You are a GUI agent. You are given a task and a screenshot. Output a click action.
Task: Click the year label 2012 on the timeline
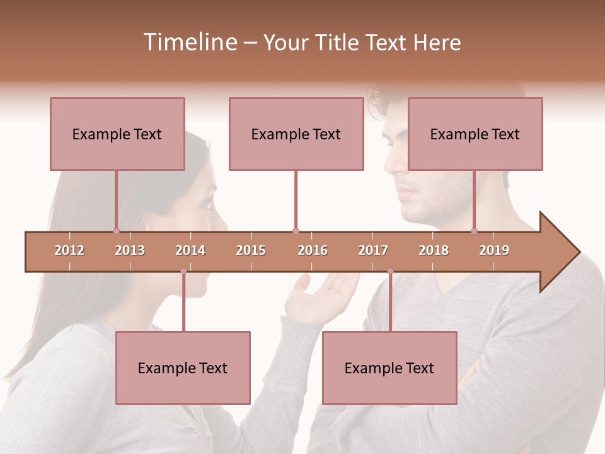pyautogui.click(x=69, y=250)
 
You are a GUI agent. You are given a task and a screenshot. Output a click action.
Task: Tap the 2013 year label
pyautogui.click(x=130, y=250)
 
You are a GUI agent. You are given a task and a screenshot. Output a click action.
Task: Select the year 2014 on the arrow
pyautogui.click(x=190, y=250)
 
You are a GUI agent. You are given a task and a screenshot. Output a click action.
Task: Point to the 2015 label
pyautogui.click(x=251, y=250)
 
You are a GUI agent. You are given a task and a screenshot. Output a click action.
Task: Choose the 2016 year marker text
pyautogui.click(x=313, y=250)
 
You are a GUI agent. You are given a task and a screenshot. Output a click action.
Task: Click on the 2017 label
pyautogui.click(x=373, y=250)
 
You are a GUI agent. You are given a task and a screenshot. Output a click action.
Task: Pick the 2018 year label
pyautogui.click(x=434, y=250)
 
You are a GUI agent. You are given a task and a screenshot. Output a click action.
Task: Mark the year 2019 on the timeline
pyautogui.click(x=494, y=250)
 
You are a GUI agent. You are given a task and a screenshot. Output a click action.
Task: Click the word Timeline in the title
pyautogui.click(x=189, y=42)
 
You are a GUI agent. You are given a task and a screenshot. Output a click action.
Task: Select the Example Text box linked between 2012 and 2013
pyautogui.click(x=117, y=134)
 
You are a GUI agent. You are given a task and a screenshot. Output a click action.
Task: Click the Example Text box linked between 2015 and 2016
pyautogui.click(x=296, y=134)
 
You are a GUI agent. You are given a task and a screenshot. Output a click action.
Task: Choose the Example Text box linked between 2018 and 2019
pyautogui.click(x=475, y=134)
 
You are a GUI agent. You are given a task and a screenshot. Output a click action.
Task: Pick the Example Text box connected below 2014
pyautogui.click(x=183, y=368)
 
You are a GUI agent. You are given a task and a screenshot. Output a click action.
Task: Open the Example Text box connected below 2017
pyautogui.click(x=389, y=368)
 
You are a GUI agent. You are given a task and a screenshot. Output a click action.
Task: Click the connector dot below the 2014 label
pyautogui.click(x=183, y=271)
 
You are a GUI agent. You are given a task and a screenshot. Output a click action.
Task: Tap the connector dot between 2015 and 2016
pyautogui.click(x=296, y=231)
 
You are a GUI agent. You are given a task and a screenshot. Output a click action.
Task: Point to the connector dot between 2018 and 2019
pyautogui.click(x=474, y=231)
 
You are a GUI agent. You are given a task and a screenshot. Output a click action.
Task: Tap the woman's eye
pyautogui.click(x=209, y=204)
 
